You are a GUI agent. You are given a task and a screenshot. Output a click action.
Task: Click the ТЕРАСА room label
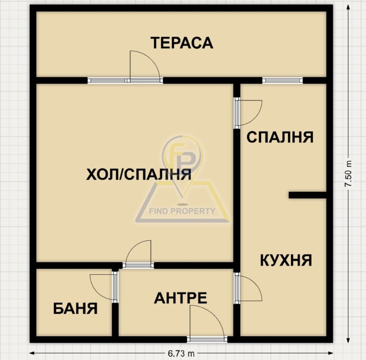tap(182, 43)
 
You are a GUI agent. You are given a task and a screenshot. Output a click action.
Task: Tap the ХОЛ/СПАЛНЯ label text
tap(139, 175)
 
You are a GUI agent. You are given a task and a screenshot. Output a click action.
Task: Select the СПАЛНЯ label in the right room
tap(280, 137)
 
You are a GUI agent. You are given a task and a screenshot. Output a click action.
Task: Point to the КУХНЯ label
tap(285, 260)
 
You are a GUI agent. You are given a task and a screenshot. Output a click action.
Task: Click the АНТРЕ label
tap(180, 298)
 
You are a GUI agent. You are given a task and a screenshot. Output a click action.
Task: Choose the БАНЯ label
tap(75, 308)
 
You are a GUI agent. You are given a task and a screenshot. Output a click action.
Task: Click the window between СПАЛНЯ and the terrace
tap(282, 81)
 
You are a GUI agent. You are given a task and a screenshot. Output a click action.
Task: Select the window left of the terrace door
tap(107, 81)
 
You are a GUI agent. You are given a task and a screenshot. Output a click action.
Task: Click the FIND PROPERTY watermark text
tap(183, 211)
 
